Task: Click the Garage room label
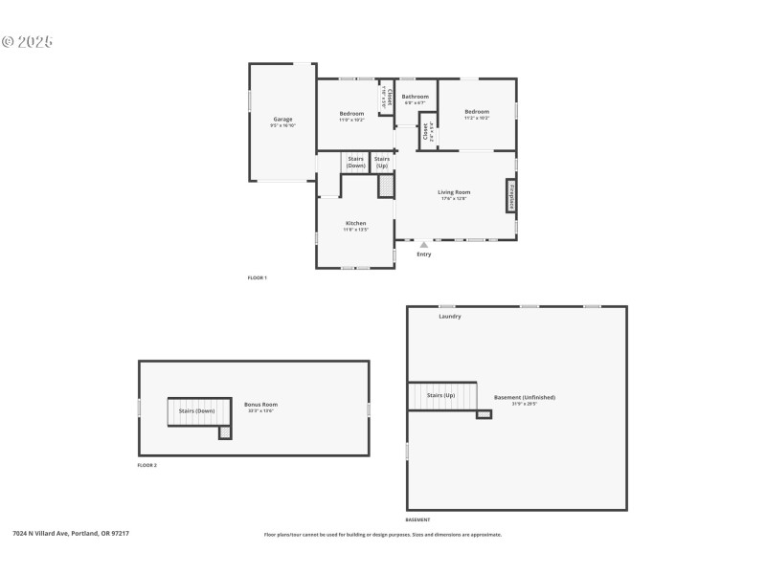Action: point(282,120)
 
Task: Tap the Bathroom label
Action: point(415,97)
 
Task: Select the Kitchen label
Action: point(355,224)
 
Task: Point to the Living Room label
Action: point(454,192)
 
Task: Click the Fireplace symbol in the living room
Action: point(511,195)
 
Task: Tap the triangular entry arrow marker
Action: point(424,245)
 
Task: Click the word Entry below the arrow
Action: point(424,254)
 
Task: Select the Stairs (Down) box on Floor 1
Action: point(356,162)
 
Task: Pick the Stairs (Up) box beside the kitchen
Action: point(382,162)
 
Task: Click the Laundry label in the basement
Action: point(450,316)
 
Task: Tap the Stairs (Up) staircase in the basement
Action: point(441,395)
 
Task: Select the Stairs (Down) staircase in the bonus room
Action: point(196,411)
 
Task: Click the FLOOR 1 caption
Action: point(258,277)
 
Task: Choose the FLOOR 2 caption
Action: point(147,465)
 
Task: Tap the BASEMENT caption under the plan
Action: point(417,519)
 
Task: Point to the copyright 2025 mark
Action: point(27,42)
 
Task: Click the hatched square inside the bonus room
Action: point(225,433)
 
